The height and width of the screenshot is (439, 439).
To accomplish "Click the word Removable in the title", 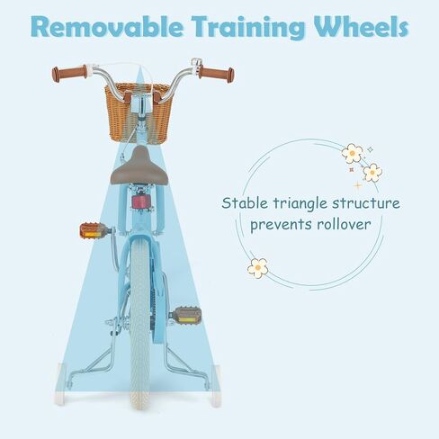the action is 107,26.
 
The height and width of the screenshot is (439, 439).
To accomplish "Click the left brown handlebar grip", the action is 69,73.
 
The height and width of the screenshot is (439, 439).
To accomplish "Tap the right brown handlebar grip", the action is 216,74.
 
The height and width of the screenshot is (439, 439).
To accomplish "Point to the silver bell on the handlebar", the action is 195,64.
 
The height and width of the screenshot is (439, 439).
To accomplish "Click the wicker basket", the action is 139,113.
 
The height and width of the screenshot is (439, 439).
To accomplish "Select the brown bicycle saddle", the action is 139,166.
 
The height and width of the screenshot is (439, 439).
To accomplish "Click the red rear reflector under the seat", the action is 140,202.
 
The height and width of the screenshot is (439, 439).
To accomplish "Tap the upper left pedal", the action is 94,231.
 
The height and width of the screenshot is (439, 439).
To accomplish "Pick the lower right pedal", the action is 187,317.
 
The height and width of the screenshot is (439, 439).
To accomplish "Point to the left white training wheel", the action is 60,384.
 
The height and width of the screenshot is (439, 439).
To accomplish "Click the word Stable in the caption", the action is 245,203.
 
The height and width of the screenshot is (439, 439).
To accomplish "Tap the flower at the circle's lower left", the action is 257,268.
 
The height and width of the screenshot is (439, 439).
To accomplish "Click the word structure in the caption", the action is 366,203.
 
